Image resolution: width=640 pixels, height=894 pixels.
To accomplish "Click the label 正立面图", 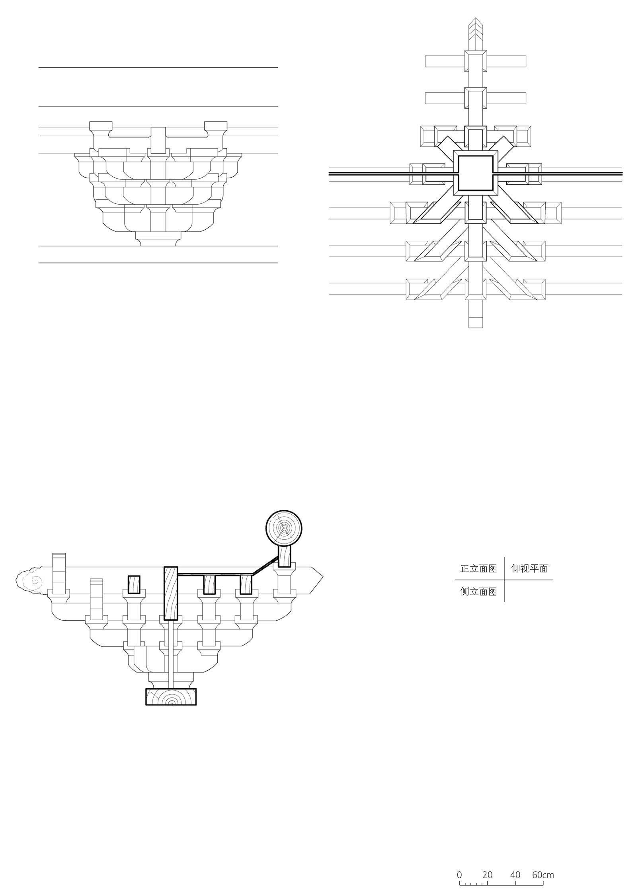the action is click(478, 569).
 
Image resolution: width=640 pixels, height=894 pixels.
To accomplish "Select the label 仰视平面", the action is click(529, 569).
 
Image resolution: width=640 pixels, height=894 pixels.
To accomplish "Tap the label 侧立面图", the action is click(478, 591).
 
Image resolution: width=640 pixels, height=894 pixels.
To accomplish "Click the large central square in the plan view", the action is click(476, 173).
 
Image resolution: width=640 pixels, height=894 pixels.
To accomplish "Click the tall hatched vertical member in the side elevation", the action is click(170, 593).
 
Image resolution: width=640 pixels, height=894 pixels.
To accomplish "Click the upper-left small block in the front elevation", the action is click(101, 126).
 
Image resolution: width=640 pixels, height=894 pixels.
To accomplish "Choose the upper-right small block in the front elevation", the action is click(215, 126).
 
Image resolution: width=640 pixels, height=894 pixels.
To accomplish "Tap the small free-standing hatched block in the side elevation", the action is click(134, 584).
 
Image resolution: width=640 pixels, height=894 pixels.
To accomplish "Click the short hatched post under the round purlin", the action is click(284, 556).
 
